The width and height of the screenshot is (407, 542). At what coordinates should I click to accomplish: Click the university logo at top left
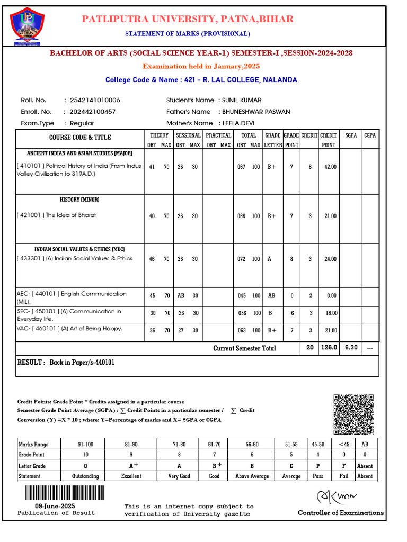(26, 26)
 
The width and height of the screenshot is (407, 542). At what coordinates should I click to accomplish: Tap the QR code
(353, 414)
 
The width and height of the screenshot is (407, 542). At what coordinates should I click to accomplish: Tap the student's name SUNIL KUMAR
(242, 100)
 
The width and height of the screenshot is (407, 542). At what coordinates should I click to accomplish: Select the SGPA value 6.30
(351, 348)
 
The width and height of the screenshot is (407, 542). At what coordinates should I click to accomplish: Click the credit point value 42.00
(330, 167)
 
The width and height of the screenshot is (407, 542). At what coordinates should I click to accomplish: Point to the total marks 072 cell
(242, 259)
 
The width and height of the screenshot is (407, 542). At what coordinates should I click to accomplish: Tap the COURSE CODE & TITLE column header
(80, 138)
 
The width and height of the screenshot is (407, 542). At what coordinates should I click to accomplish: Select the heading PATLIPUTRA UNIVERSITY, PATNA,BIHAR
(187, 19)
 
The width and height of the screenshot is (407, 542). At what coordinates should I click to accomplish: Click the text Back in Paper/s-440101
(82, 363)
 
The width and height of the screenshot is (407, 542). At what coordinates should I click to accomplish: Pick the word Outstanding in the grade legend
(85, 476)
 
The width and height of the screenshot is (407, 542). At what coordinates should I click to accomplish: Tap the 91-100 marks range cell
(85, 444)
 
